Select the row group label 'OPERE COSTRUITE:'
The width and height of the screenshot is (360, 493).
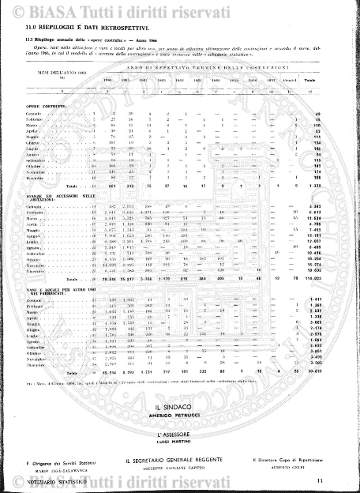pyautogui.click(x=41, y=105)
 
